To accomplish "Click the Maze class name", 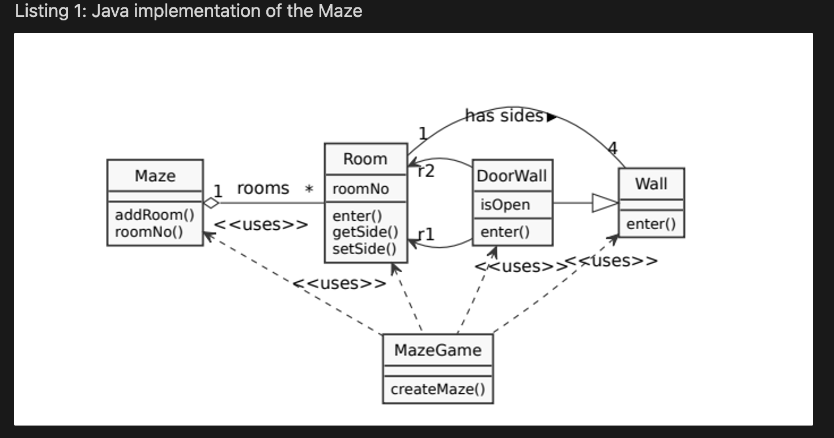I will tap(155, 176).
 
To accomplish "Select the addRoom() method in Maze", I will tap(154, 215).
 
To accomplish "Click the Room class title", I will tap(365, 159).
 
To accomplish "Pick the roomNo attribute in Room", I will tap(360, 189).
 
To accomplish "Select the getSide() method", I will tap(365, 232).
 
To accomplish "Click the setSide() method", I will tap(364, 248).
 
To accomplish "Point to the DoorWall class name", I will tap(512, 176).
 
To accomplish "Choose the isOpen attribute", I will tap(505, 205).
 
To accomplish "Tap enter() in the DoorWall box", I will tap(505, 232).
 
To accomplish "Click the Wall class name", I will tap(651, 184).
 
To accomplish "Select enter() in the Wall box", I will tap(651, 224).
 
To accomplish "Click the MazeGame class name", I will tap(437, 350).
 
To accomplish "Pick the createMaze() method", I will tap(437, 390).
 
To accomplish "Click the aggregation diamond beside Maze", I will tap(211, 203).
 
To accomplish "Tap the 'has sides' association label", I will tap(504, 116).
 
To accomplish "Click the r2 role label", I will tap(425, 170).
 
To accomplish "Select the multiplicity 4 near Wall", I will tap(612, 148).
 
